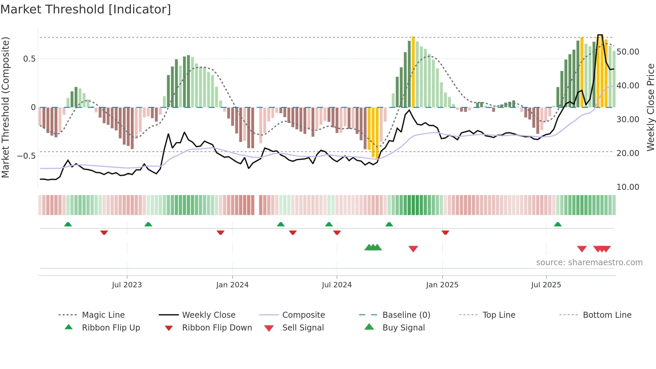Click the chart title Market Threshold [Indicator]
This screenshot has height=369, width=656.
click(x=86, y=9)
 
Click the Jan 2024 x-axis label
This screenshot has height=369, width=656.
click(x=232, y=285)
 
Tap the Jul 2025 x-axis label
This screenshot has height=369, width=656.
click(x=546, y=285)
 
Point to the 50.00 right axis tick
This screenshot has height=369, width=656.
click(x=628, y=52)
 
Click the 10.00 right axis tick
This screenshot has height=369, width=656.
click(x=628, y=187)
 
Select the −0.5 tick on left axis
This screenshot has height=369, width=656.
click(x=26, y=156)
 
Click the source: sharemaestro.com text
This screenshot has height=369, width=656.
click(x=589, y=263)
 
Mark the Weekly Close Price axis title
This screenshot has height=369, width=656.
click(x=650, y=107)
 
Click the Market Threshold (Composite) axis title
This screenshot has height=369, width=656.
click(x=5, y=107)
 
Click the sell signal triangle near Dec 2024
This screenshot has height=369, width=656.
click(x=413, y=249)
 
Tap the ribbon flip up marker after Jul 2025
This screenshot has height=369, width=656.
click(x=558, y=224)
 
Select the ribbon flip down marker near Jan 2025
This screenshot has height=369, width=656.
click(x=445, y=232)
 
